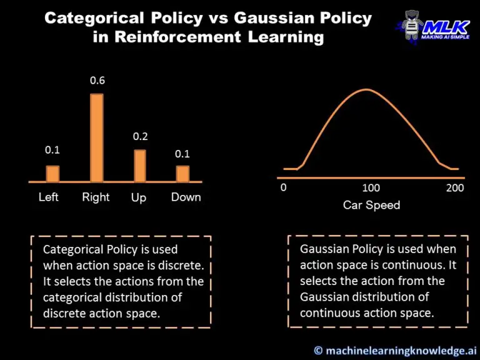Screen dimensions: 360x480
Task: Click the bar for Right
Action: click(x=97, y=137)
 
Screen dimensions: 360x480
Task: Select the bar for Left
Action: click(x=52, y=173)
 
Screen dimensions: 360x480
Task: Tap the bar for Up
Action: click(x=139, y=166)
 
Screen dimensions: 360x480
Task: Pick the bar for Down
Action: click(x=182, y=173)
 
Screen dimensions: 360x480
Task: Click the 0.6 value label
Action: click(x=97, y=81)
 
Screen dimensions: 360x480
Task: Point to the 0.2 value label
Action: click(x=140, y=137)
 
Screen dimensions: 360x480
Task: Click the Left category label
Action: click(x=49, y=197)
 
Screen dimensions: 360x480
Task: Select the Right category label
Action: click(x=96, y=197)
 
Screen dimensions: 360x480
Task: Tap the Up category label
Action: click(x=139, y=197)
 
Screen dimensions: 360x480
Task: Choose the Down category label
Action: click(x=186, y=197)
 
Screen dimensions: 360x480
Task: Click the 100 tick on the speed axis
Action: click(x=371, y=188)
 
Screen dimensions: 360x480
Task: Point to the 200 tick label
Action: click(x=456, y=188)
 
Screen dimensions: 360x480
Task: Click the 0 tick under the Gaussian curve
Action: click(x=284, y=187)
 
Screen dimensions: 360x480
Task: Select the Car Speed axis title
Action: click(x=371, y=205)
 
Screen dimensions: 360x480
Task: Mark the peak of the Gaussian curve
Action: click(x=366, y=89)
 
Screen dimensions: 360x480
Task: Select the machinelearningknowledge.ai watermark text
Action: click(x=396, y=351)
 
